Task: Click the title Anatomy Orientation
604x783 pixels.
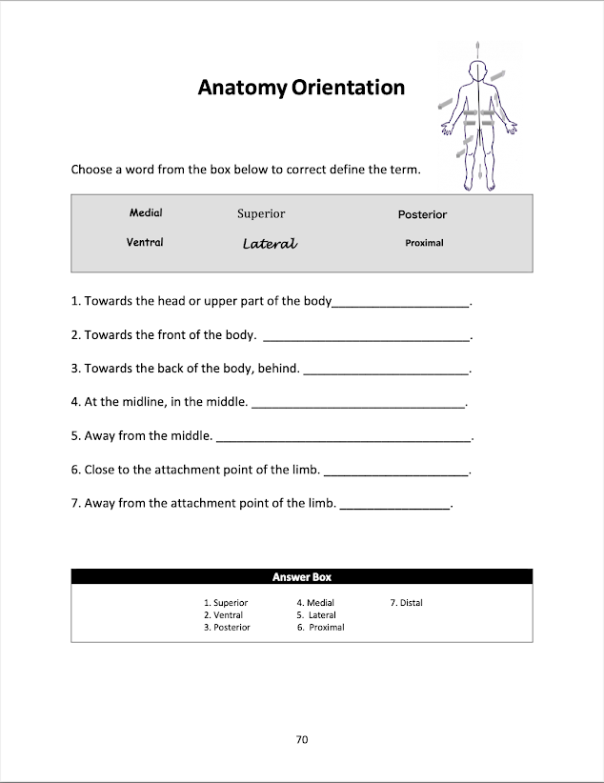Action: pyautogui.click(x=301, y=88)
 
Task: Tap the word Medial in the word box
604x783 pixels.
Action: pyautogui.click(x=146, y=212)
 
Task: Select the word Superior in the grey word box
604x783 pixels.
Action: pyautogui.click(x=261, y=214)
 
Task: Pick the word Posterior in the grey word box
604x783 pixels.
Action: pyautogui.click(x=422, y=215)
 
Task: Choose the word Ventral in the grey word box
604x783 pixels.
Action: pyautogui.click(x=145, y=242)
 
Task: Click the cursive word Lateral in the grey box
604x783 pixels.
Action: pyautogui.click(x=270, y=244)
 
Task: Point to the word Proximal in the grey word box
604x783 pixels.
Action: pyautogui.click(x=424, y=243)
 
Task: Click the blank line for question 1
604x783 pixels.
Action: pyautogui.click(x=400, y=304)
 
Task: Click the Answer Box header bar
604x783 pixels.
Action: pyautogui.click(x=302, y=576)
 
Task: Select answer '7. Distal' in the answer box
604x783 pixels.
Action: pyautogui.click(x=406, y=603)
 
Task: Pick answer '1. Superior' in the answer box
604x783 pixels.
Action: pyautogui.click(x=226, y=603)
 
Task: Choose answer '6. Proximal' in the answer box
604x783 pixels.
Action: pyautogui.click(x=320, y=628)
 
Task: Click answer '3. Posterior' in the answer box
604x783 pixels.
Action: pyautogui.click(x=227, y=628)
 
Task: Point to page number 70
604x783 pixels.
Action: pyautogui.click(x=302, y=739)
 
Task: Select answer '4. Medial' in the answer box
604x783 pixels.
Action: pyautogui.click(x=315, y=603)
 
